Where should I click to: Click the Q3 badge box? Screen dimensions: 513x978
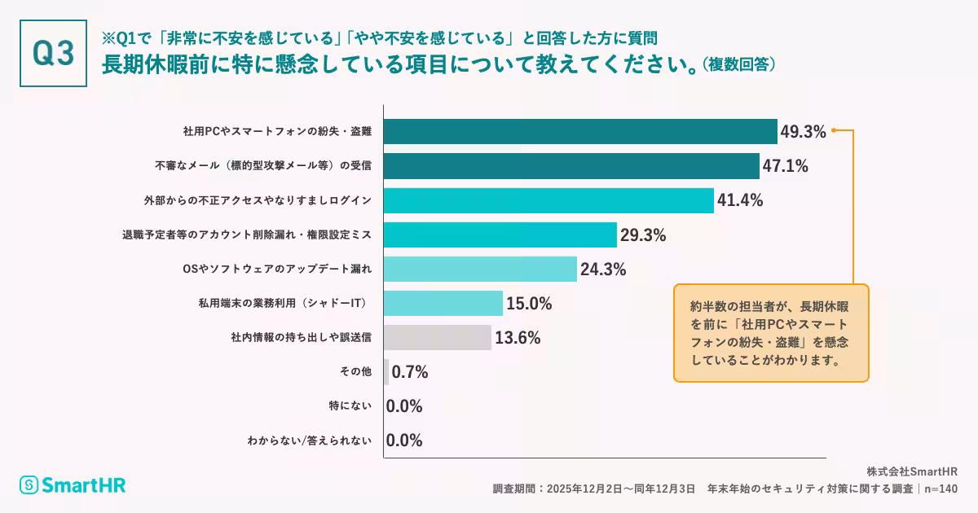pos(53,53)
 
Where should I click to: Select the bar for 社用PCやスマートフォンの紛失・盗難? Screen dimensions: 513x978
pos(580,132)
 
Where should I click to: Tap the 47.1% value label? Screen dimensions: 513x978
pos(785,166)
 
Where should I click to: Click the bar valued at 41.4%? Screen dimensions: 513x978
pos(548,200)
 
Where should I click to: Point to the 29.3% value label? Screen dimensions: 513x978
pos(643,235)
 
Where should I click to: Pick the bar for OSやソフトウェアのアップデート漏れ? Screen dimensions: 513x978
pos(480,269)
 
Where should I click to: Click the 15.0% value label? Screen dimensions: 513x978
pos(529,304)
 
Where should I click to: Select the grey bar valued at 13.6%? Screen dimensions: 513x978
pos(438,338)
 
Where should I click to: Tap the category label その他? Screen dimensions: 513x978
pos(355,371)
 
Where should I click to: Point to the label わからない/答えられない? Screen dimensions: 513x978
pos(310,441)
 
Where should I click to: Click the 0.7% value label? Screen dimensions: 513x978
pos(410,372)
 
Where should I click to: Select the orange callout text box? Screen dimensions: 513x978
pos(771,333)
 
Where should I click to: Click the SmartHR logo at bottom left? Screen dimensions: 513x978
pos(73,485)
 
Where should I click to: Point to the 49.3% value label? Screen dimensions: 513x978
pos(803,132)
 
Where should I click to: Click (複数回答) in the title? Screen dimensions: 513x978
pos(738,64)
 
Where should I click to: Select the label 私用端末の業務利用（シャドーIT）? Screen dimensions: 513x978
pos(285,303)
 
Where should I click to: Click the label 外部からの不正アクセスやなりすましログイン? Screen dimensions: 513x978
pos(258,199)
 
